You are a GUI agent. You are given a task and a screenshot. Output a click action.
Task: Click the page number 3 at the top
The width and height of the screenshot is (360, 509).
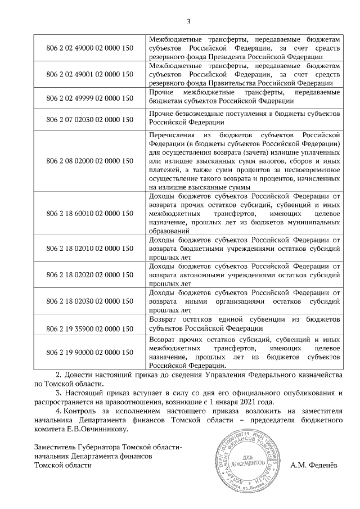(x=188, y=21)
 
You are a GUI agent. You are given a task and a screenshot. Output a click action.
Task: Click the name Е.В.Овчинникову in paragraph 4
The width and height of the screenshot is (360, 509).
(x=94, y=430)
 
